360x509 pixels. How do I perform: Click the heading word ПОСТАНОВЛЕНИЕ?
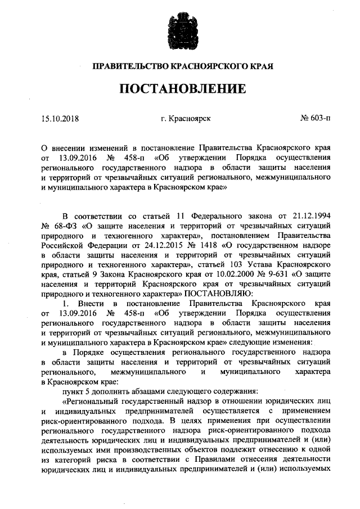tap(182, 88)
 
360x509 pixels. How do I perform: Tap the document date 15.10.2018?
tap(60, 118)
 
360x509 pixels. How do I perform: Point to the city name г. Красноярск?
tap(185, 118)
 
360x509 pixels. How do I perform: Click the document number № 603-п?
tap(316, 118)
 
